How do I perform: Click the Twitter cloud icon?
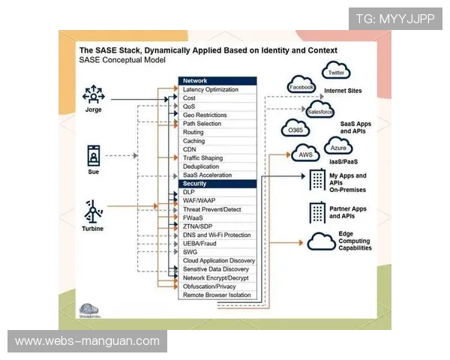point(335,73)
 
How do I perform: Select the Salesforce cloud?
point(320,111)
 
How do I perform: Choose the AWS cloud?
point(305,154)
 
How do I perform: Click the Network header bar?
point(217,81)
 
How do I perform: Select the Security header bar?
point(217,184)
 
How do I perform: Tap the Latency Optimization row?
point(217,90)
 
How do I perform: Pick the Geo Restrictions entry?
point(217,115)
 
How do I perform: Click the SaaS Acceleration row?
point(217,175)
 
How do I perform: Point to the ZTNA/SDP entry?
point(217,226)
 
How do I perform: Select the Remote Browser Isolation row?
point(217,295)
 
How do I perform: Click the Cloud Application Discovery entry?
point(217,260)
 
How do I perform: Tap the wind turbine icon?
point(93,211)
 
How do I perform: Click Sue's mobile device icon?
point(93,156)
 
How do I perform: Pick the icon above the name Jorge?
point(93,94)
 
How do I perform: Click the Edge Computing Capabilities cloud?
point(321,241)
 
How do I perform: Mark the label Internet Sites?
point(343,91)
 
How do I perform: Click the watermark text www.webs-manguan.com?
point(87,341)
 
